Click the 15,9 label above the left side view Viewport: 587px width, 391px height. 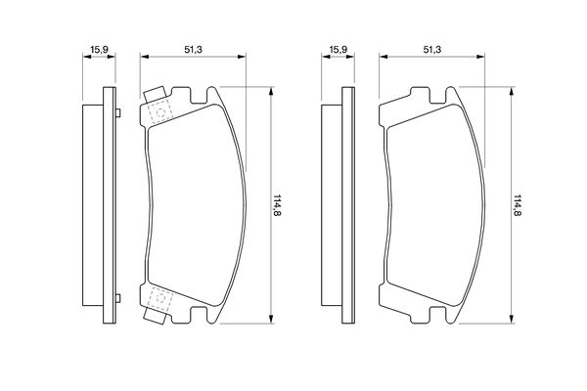coord(99,49)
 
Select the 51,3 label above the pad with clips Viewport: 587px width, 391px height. coord(193,49)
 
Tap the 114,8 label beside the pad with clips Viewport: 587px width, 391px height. coord(278,205)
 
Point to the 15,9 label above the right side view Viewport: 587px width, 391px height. coord(339,49)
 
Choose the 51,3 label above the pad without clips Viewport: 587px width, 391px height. coord(432,49)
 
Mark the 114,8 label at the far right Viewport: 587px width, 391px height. coord(517,205)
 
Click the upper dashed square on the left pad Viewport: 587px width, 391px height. coord(160,111)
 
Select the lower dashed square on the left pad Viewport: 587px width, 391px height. coord(160,298)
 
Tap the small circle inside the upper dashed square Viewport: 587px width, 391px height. coord(160,112)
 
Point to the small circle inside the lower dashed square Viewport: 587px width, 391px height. coord(160,298)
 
